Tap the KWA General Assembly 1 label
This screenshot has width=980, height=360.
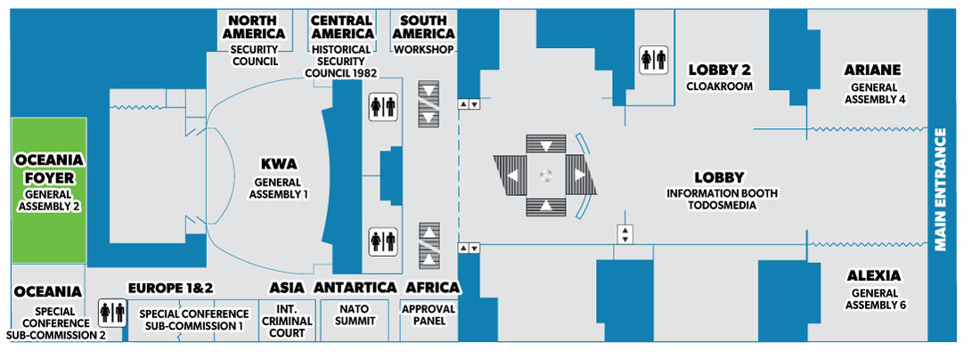tap(278, 177)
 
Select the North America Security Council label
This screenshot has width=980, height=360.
tap(256, 39)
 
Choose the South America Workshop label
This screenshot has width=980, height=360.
tap(424, 34)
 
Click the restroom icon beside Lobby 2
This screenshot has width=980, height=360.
tap(653, 60)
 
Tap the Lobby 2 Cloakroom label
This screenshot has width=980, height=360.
tap(720, 77)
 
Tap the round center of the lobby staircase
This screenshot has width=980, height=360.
tap(546, 176)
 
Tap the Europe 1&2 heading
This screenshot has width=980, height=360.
tap(171, 289)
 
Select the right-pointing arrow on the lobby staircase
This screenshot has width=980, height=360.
tap(580, 176)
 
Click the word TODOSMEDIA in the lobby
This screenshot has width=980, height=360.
tap(719, 205)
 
